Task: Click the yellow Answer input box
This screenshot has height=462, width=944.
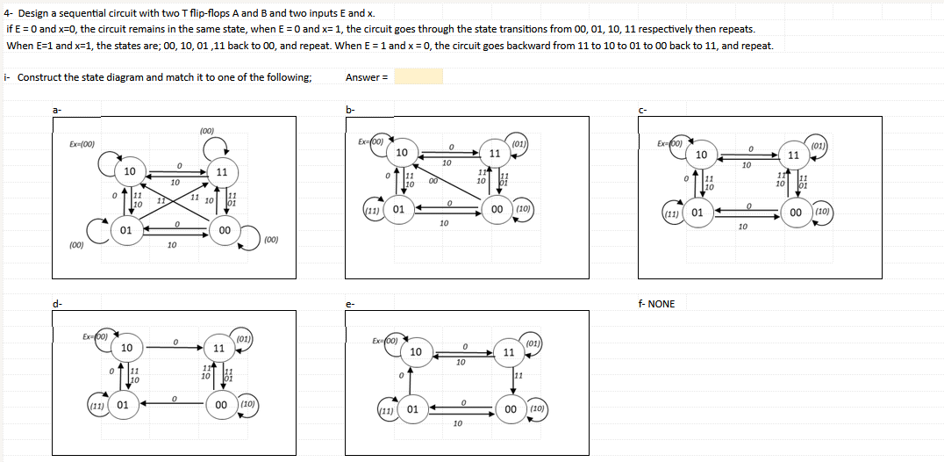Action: tap(418, 77)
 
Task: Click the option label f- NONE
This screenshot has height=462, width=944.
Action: tap(658, 304)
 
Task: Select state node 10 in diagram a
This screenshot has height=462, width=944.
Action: tap(129, 171)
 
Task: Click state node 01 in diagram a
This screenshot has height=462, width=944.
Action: tap(126, 230)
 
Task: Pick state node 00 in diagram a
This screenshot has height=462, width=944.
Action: tap(225, 230)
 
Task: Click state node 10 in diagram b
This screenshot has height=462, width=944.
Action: tap(401, 154)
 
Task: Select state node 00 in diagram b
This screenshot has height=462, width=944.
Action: tap(497, 210)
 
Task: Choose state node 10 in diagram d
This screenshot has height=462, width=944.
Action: tap(126, 349)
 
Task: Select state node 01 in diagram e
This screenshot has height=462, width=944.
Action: tap(413, 410)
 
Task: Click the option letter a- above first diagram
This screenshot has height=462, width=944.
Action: tap(57, 108)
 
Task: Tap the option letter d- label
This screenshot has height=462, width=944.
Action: tap(57, 304)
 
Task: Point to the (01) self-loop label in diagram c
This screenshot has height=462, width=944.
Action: tap(818, 145)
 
